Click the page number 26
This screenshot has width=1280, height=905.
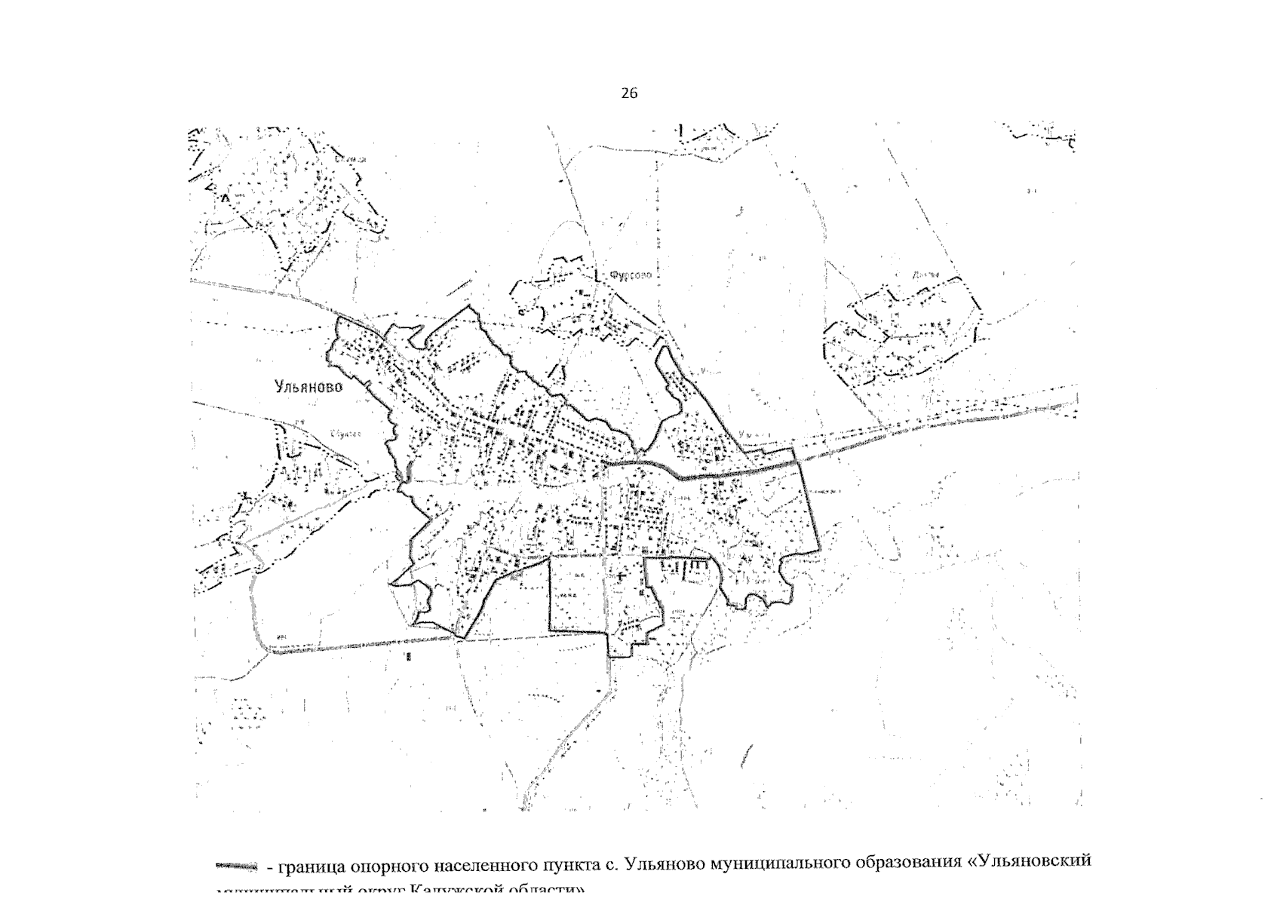(x=629, y=94)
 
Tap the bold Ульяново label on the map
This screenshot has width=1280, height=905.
(x=308, y=387)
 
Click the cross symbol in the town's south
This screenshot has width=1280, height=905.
(x=620, y=577)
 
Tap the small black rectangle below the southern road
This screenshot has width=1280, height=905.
(x=408, y=657)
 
